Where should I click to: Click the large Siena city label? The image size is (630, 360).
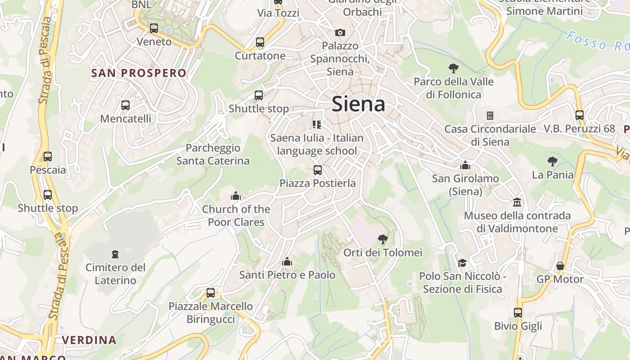(358, 104)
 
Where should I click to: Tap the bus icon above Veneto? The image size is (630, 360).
(154, 28)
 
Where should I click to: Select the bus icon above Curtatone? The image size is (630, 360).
(260, 42)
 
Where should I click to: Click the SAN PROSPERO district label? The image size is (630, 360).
(139, 73)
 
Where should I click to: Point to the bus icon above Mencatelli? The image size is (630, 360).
(126, 105)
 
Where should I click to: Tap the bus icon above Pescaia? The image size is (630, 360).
(48, 157)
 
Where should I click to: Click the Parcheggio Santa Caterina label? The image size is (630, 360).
(213, 154)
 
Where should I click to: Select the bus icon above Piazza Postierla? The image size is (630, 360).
(318, 170)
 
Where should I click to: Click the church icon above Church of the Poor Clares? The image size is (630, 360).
(236, 196)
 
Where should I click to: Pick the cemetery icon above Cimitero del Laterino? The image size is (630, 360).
(115, 254)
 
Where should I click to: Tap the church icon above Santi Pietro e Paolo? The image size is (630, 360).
(287, 261)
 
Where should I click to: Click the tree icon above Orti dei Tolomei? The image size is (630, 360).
(383, 239)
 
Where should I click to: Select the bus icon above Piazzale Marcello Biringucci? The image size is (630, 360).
(211, 293)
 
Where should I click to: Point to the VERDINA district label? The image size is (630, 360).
(89, 340)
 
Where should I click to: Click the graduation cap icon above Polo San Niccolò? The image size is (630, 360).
(462, 263)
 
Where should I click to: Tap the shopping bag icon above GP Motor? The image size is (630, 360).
(560, 266)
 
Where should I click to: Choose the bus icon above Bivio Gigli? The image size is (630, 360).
(518, 313)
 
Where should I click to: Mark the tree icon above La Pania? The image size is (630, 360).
(553, 162)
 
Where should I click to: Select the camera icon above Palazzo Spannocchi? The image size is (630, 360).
(340, 32)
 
